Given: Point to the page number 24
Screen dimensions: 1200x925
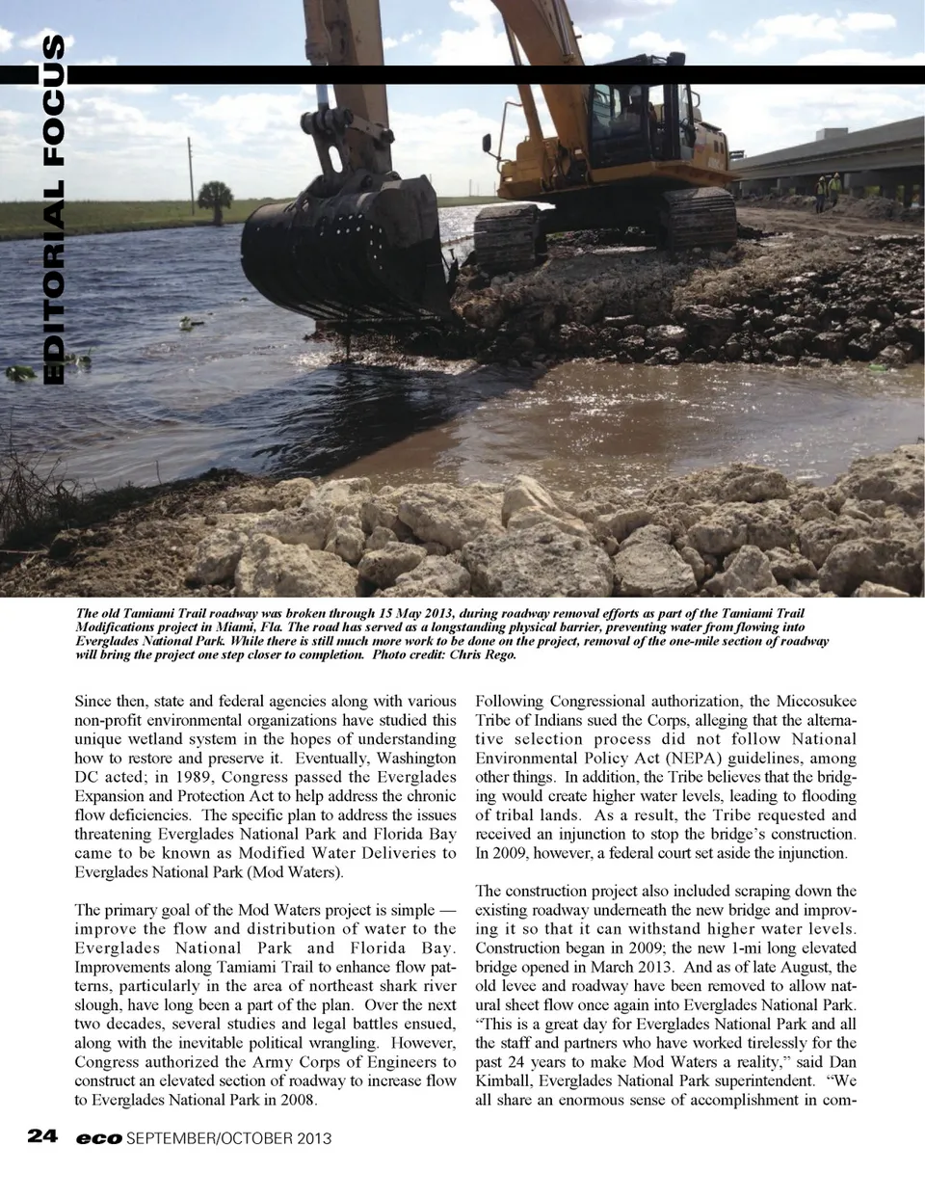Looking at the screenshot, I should (43, 1136).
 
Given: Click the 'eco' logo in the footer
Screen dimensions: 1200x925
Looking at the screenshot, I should (99, 1138).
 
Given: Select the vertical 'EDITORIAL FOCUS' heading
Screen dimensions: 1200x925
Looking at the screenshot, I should (54, 210).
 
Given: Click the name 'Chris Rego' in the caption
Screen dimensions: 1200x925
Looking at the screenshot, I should (484, 654).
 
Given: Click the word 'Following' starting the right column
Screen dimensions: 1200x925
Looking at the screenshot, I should (510, 701).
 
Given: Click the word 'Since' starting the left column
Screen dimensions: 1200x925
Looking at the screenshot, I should (94, 701).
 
